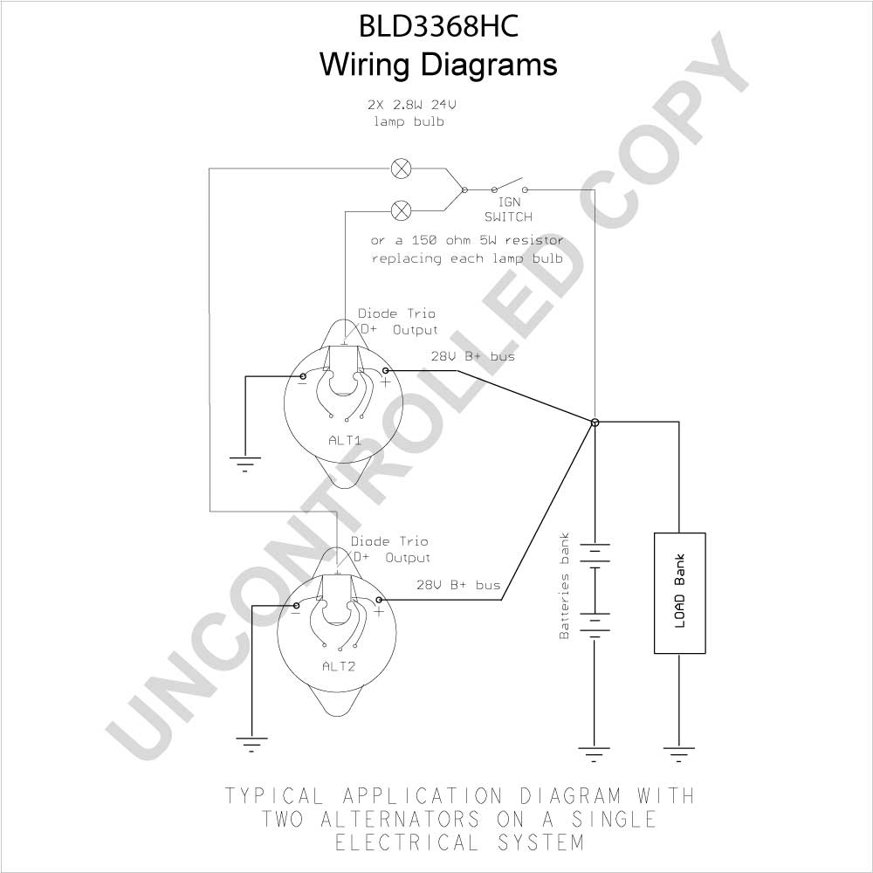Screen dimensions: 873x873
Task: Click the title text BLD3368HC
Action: [x=439, y=25]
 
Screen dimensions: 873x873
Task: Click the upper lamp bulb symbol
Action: [x=401, y=168]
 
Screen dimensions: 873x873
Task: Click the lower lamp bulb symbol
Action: [x=401, y=210]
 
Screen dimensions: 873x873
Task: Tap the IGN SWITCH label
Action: [x=508, y=210]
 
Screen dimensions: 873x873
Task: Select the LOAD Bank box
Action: [x=679, y=593]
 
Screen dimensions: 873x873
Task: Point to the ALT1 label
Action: [x=345, y=441]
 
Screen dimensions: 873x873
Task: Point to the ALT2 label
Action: [x=339, y=666]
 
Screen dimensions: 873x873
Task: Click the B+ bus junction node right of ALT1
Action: [x=595, y=422]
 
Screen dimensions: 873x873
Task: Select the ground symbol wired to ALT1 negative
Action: [x=245, y=464]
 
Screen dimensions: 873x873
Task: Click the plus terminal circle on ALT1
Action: [x=385, y=370]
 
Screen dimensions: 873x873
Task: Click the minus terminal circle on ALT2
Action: [x=297, y=606]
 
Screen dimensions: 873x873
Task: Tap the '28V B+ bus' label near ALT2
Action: [x=458, y=585]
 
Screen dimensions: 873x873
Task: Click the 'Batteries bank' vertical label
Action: [x=565, y=586]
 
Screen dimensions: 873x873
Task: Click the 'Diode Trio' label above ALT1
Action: [x=396, y=313]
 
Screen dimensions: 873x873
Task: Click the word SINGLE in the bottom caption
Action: [x=614, y=819]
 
